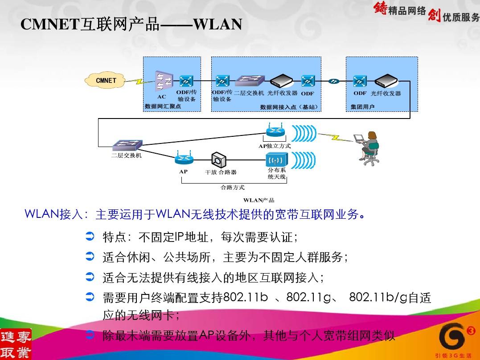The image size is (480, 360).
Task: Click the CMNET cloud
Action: pos(106,80)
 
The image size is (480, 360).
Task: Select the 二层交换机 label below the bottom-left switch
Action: pos(127,156)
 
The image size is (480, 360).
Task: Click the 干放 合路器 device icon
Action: pos(219,159)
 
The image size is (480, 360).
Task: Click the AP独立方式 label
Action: pos(275,146)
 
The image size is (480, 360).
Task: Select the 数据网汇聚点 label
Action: pos(163,106)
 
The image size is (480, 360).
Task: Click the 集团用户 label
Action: pos(362,106)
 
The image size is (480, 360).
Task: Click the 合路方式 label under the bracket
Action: pos(233,187)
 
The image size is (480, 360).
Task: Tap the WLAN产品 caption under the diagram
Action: pos(259,200)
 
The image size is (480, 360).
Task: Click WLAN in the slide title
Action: pos(218,25)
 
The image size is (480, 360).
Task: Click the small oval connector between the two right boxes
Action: pos(333,81)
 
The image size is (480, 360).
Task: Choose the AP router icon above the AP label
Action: pos(183,158)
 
